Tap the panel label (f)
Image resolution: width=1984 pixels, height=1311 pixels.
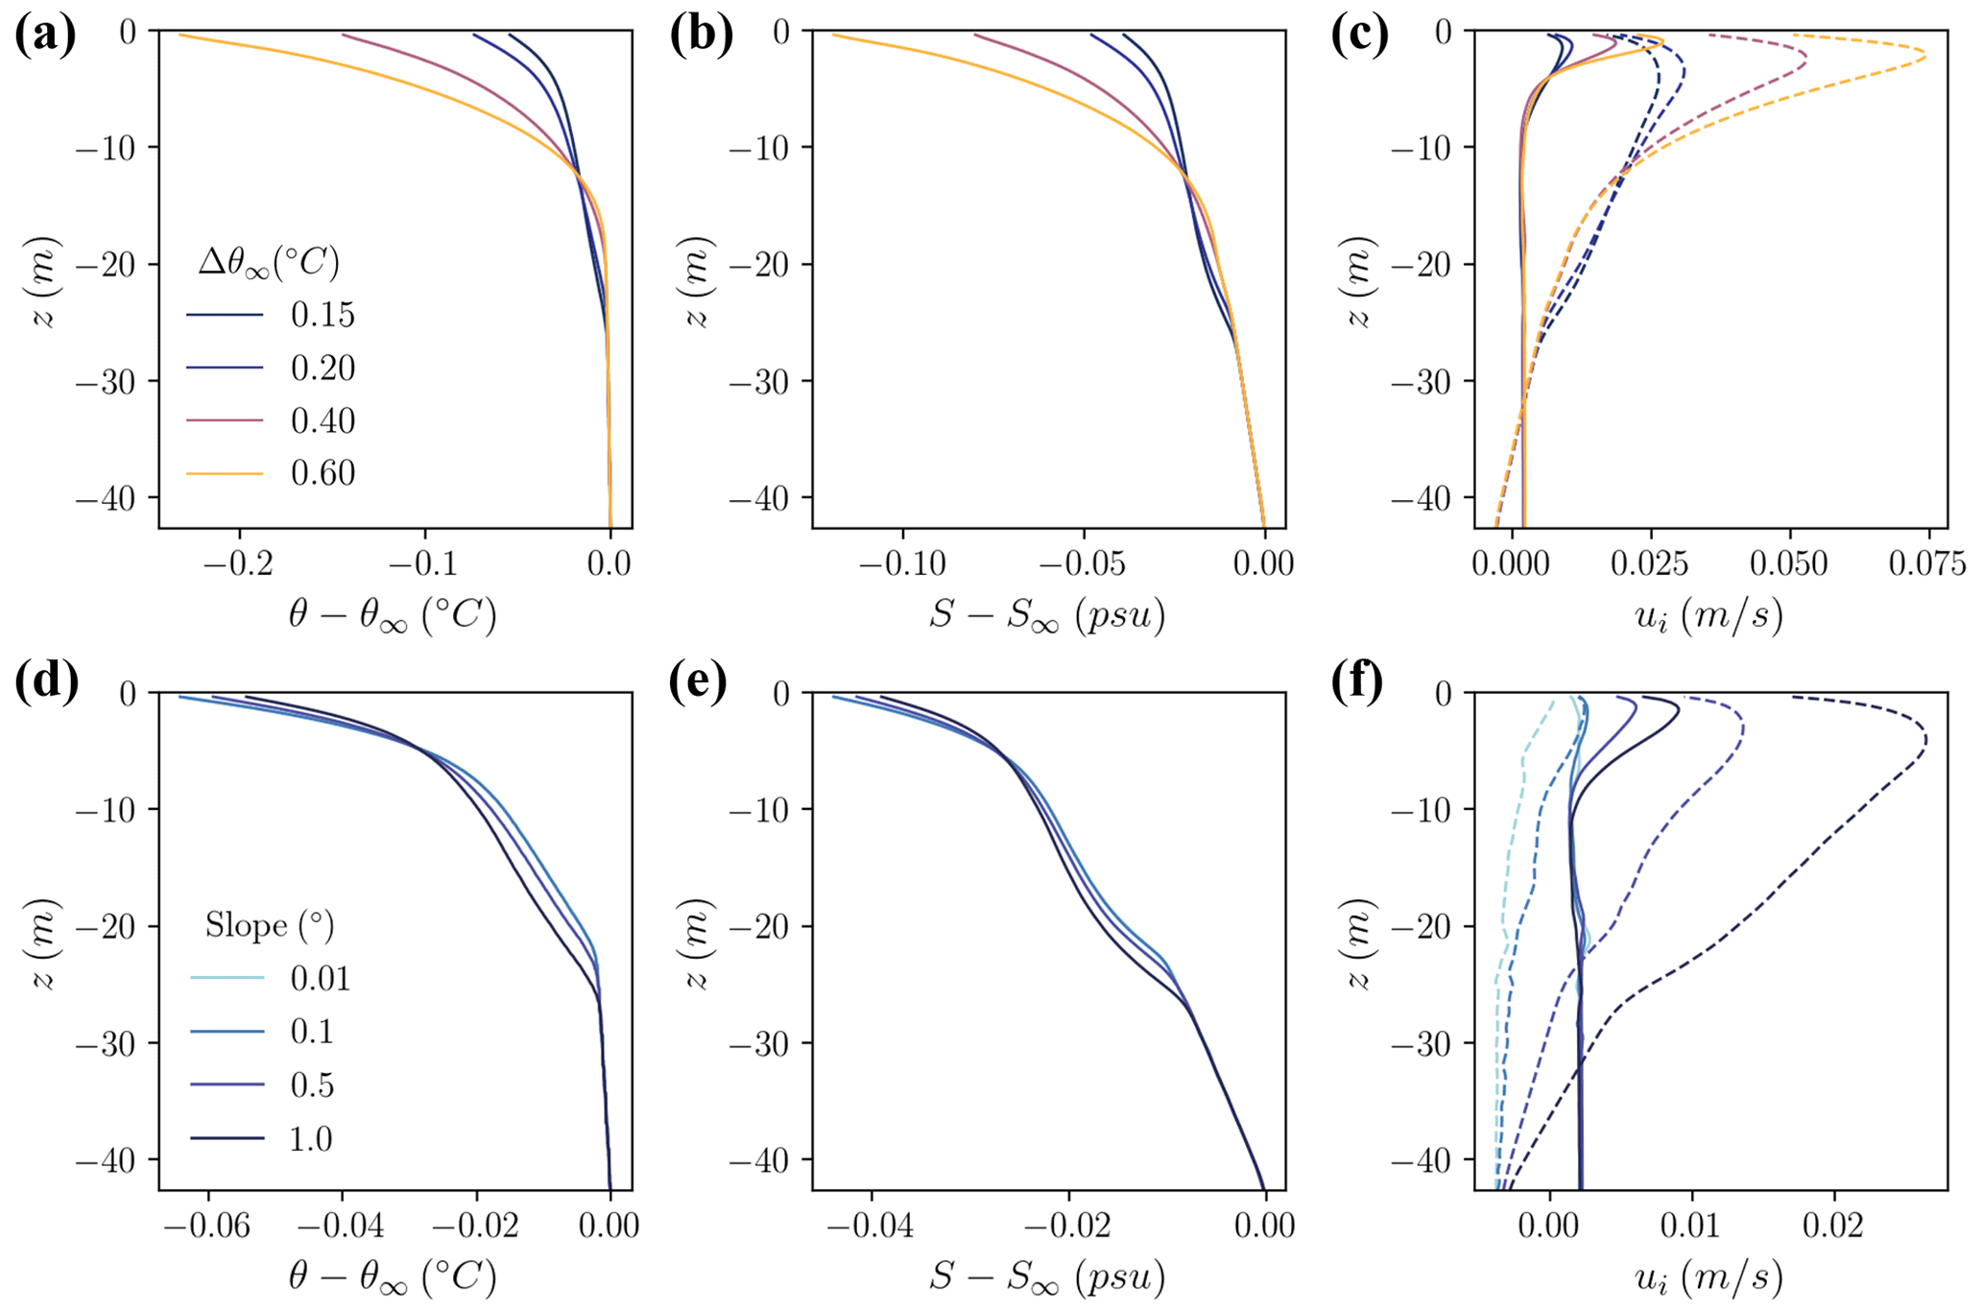coord(1357,681)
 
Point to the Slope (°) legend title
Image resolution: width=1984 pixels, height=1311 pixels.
coord(270,925)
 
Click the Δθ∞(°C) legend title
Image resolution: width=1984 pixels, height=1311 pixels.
coord(269,262)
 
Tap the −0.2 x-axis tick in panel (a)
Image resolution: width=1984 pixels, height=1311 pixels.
coord(240,563)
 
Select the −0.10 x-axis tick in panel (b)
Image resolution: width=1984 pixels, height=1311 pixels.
coord(901,563)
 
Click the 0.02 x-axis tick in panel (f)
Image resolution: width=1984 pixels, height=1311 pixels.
coord(1834,1226)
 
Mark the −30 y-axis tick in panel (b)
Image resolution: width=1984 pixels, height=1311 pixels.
coord(768,381)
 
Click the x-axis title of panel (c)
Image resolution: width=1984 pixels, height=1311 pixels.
coord(1709,615)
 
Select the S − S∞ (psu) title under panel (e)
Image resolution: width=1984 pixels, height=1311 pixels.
coord(1047,1277)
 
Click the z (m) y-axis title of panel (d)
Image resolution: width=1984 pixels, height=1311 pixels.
coord(44,943)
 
